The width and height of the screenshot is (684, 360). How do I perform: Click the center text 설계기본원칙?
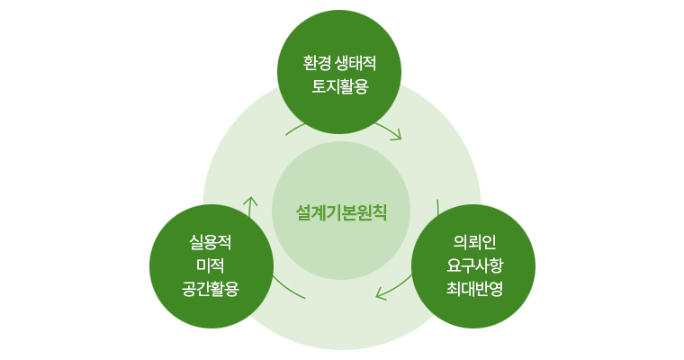click(341, 212)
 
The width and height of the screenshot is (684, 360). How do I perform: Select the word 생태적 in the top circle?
click(355, 63)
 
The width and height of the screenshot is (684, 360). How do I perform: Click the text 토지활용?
click(340, 86)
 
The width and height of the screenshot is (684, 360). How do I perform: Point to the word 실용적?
click(211, 242)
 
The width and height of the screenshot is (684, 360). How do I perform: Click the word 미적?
click(211, 265)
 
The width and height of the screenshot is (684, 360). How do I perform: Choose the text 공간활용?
click(211, 288)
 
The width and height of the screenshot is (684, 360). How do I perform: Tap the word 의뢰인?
click(474, 242)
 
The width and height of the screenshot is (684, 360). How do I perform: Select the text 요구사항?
click(474, 265)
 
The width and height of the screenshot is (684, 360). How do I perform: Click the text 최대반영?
click(474, 288)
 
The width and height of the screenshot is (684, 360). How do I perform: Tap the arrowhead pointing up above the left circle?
click(250, 202)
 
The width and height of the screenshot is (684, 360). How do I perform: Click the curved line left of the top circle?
click(295, 128)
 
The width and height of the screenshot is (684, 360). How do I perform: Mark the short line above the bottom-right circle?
click(437, 207)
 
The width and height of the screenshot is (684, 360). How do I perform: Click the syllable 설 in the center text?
click(303, 212)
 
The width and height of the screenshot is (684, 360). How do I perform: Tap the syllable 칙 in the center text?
click(379, 212)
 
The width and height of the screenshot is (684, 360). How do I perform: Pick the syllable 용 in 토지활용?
click(362, 86)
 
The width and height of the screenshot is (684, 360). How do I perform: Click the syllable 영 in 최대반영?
click(497, 288)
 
